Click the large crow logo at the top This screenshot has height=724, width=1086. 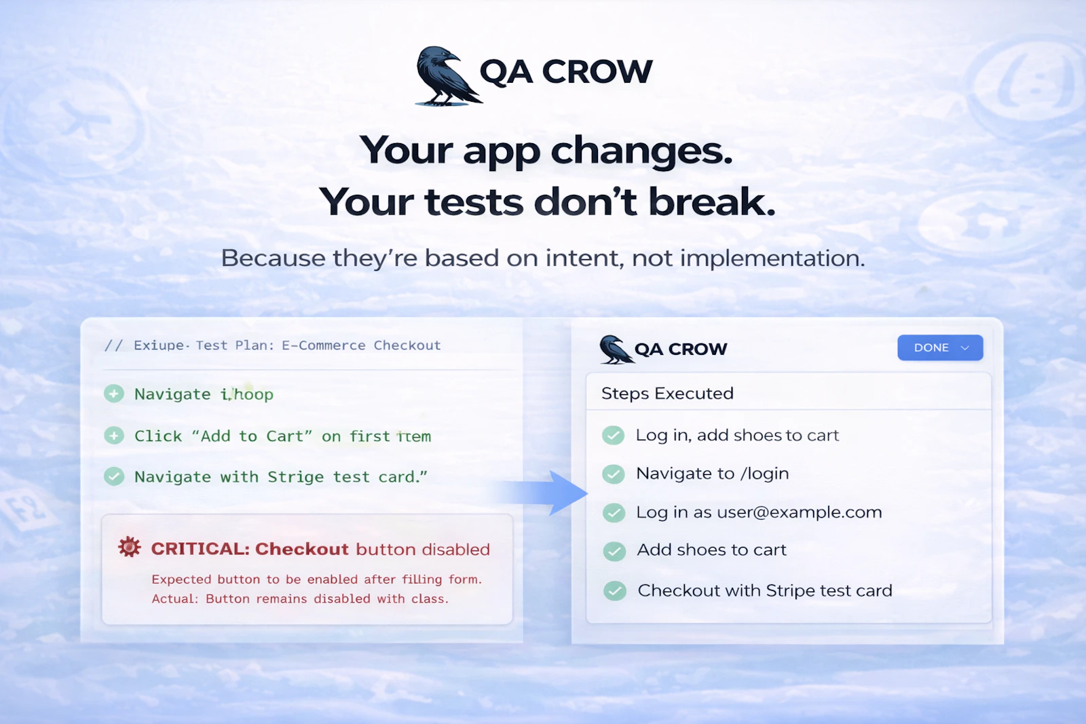(445, 76)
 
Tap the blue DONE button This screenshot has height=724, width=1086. (939, 347)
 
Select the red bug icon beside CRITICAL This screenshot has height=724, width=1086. (129, 547)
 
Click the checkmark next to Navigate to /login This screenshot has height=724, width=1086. (614, 474)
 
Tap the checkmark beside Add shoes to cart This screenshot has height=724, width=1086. (614, 550)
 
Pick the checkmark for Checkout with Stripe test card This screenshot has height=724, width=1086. (615, 591)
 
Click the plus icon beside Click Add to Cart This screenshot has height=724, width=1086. (114, 436)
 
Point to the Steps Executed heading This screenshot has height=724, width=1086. (667, 394)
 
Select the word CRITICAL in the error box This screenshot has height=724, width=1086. (200, 549)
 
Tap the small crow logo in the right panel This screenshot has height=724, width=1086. (615, 349)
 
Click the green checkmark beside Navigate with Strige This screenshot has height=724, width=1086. (114, 476)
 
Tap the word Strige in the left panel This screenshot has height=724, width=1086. (295, 477)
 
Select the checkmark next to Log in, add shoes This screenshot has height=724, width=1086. (614, 435)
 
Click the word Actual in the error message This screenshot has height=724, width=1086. (174, 598)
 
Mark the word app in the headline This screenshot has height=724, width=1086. (501, 151)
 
